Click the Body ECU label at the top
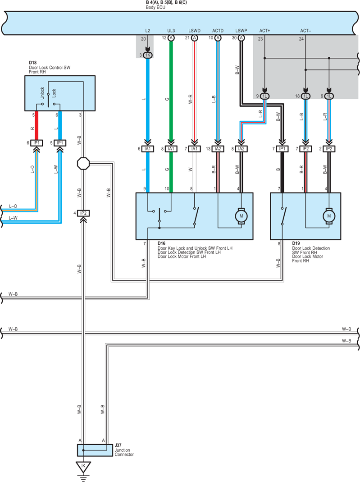click(155, 7)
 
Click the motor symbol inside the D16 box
click(241, 216)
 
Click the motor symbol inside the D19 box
click(329, 216)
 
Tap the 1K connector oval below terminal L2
click(148, 55)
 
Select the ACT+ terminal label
click(264, 31)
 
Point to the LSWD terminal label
click(195, 31)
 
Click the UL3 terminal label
click(171, 31)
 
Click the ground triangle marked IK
click(83, 467)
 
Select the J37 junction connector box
click(95, 450)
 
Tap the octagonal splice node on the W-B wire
click(83, 164)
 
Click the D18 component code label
click(32, 63)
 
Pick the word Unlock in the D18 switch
click(42, 93)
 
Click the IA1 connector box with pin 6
click(148, 149)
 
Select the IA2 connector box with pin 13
click(218, 149)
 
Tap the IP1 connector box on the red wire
click(36, 143)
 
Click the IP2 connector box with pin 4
click(83, 213)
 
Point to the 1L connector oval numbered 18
click(305, 96)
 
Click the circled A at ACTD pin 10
click(218, 38)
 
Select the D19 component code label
click(296, 243)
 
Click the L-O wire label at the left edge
click(13, 206)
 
